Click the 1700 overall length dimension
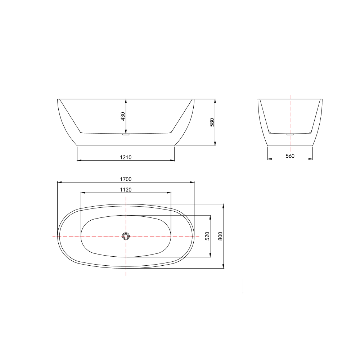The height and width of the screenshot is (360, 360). tap(126, 179)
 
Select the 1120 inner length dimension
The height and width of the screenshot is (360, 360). tap(126, 190)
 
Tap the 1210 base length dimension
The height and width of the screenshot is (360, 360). tap(126, 157)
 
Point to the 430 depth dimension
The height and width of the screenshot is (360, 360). tap(123, 116)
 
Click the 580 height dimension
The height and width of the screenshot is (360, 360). tap(212, 122)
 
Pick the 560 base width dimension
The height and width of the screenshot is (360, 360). tap(290, 156)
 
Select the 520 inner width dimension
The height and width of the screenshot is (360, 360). tap(208, 236)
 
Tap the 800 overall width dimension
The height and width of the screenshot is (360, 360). tap(220, 236)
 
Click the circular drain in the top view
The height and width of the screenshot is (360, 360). tap(126, 236)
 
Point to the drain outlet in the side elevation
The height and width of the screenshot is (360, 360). tap(126, 135)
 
